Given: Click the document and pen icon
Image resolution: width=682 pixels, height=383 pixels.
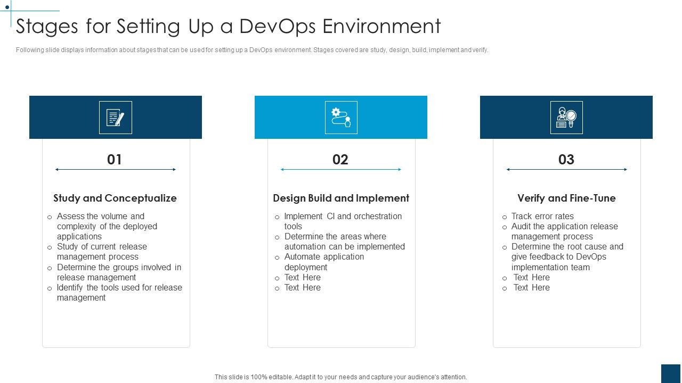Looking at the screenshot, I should pyautogui.click(x=116, y=118).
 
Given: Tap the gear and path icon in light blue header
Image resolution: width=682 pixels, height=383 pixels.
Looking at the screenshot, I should pyautogui.click(x=341, y=118).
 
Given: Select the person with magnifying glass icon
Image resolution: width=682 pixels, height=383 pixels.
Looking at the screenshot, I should pyautogui.click(x=566, y=118).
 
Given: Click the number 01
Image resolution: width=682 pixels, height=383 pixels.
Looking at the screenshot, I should pyautogui.click(x=115, y=160).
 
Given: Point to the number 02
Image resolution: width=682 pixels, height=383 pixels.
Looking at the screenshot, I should pyautogui.click(x=340, y=160).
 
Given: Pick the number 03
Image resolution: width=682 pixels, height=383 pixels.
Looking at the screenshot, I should pyautogui.click(x=566, y=160).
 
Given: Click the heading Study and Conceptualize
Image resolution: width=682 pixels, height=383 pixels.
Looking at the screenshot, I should pyautogui.click(x=115, y=198).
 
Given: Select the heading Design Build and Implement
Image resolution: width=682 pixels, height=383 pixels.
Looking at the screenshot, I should pyautogui.click(x=341, y=198).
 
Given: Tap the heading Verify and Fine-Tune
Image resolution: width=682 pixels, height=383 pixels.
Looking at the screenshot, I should pyautogui.click(x=566, y=198).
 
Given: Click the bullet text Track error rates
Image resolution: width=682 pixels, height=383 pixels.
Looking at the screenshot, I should pyautogui.click(x=542, y=216).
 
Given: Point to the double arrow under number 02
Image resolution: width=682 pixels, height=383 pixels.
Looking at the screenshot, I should pyautogui.click(x=341, y=170).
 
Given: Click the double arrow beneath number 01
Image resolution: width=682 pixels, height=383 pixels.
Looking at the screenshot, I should pyautogui.click(x=116, y=170).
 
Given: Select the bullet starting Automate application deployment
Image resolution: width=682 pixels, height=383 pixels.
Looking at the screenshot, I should pyautogui.click(x=324, y=262).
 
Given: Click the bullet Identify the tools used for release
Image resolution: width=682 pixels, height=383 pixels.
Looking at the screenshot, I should pyautogui.click(x=119, y=292).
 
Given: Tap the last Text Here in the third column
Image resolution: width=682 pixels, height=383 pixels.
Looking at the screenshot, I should pyautogui.click(x=531, y=287).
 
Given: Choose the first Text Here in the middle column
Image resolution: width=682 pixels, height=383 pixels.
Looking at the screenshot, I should pyautogui.click(x=302, y=277).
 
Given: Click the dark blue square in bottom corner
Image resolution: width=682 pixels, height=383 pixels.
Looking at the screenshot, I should pyautogui.click(x=671, y=373).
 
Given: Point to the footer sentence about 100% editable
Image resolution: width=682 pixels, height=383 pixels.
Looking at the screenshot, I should pyautogui.click(x=341, y=377).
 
